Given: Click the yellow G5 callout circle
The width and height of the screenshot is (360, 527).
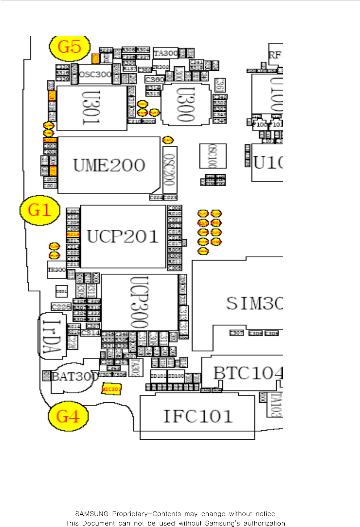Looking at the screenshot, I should [69, 47].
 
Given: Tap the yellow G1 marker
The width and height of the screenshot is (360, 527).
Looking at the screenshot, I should [39, 210].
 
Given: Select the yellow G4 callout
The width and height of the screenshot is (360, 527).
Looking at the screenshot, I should [68, 416].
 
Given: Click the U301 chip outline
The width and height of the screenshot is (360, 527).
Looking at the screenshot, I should [92, 108].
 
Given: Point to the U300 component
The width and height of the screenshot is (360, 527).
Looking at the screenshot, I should [185, 105].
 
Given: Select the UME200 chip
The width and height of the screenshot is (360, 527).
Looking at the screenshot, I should [109, 165].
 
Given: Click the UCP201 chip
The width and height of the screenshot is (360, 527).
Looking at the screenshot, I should [123, 236].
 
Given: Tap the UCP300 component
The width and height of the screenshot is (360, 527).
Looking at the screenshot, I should [139, 302].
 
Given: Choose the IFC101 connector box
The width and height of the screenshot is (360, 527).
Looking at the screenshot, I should [197, 416].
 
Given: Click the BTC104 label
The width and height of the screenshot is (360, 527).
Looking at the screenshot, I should [247, 373].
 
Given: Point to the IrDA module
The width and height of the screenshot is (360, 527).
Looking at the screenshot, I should [52, 336].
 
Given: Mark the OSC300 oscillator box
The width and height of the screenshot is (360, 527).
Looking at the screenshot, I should [95, 74].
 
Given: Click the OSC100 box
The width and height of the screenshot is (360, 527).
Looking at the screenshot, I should [213, 156].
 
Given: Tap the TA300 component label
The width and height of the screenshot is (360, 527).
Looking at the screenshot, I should [166, 53].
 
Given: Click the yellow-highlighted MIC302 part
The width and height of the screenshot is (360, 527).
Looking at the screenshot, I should [111, 389].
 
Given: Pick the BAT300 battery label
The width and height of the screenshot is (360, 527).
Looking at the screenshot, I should [75, 377].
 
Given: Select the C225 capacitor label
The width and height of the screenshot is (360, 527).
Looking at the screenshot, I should [61, 307].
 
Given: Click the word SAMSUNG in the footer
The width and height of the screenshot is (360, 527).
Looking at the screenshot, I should [92, 514].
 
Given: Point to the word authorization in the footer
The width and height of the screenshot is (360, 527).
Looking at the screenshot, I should [264, 523].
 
